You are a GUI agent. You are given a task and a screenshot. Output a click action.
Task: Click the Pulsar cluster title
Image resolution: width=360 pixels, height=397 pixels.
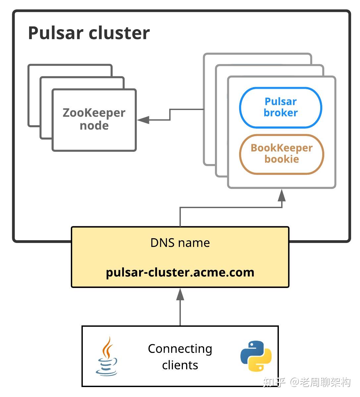(89, 33)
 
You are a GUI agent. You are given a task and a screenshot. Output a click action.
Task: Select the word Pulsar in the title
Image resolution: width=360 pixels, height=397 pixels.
(56, 33)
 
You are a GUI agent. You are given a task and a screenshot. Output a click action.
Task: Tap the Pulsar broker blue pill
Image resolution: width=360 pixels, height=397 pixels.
(281, 107)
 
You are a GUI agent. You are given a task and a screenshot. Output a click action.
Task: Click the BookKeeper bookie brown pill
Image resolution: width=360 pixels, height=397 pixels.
(282, 154)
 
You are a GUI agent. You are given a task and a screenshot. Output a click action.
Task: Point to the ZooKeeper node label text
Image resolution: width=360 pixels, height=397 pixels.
(94, 119)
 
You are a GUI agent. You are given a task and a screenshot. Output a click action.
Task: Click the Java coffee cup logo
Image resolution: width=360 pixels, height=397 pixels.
(106, 356)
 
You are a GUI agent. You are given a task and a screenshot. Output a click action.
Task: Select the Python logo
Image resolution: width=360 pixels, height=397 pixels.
(256, 356)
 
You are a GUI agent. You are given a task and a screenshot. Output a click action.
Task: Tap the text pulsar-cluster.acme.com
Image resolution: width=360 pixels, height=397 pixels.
(180, 272)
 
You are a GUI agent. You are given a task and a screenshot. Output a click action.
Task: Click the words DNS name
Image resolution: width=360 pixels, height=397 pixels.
(180, 243)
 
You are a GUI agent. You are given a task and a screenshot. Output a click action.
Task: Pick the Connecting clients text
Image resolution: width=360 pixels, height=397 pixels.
(180, 357)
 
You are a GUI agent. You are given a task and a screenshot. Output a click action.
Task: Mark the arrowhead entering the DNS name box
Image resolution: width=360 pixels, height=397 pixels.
(180, 294)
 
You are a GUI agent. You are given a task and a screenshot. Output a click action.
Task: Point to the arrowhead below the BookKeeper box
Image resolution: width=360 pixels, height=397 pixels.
(282, 195)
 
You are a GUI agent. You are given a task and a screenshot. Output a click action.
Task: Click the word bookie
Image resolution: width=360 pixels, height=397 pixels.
(282, 159)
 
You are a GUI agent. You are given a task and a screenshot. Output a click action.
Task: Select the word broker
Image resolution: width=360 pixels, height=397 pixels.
(281, 113)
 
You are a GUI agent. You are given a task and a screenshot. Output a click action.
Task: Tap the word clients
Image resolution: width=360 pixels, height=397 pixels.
(180, 365)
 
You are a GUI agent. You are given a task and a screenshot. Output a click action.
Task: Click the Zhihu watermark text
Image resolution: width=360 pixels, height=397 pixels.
(306, 382)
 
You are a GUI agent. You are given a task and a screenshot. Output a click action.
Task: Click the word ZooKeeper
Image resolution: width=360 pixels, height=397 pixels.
(94, 113)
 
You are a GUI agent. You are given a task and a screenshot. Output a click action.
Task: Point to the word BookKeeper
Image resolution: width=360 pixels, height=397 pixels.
(282, 148)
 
